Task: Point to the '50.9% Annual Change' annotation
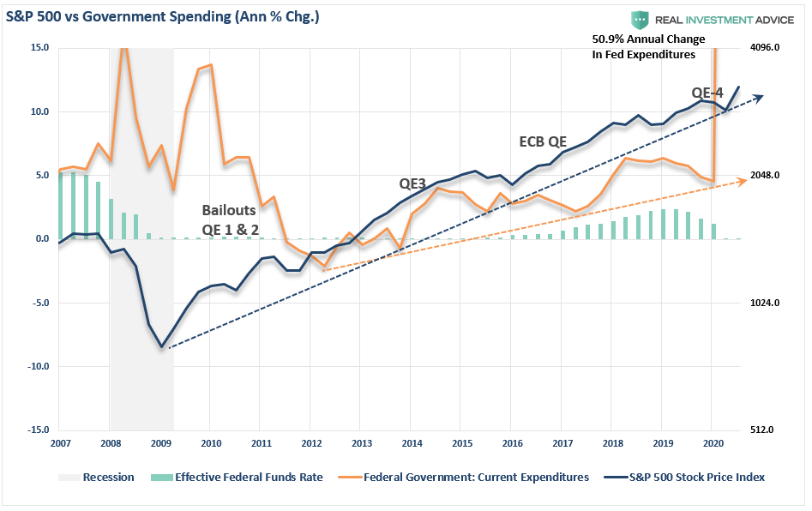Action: pyautogui.click(x=648, y=39)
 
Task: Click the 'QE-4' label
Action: pyautogui.click(x=709, y=93)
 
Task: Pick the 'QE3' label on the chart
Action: pyautogui.click(x=413, y=183)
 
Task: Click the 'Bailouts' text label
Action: pyautogui.click(x=228, y=209)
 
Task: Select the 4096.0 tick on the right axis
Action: pyautogui.click(x=765, y=48)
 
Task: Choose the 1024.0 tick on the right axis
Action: pyautogui.click(x=765, y=303)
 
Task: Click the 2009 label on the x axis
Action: pyautogui.click(x=160, y=444)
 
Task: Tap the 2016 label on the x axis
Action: pyautogui.click(x=512, y=444)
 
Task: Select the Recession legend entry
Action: pyautogui.click(x=108, y=477)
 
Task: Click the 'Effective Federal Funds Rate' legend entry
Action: pyautogui.click(x=249, y=477)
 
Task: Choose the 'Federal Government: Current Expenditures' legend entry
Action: pyautogui.click(x=476, y=477)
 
